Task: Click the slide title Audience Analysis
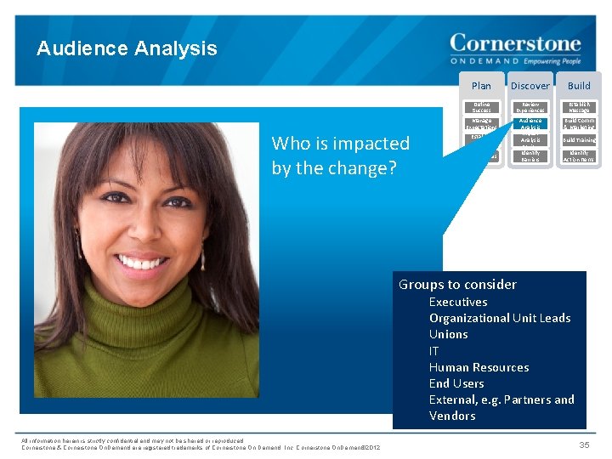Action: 127,48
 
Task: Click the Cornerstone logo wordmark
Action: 515,43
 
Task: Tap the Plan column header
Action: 481,85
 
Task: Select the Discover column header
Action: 530,85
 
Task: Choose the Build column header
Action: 579,85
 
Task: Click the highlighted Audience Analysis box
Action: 530,124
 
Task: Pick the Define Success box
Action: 481,107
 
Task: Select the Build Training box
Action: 579,140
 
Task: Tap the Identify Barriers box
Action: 530,156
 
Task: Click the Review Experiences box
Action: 530,107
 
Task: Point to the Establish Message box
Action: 579,107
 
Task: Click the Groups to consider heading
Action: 457,285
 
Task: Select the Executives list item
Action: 458,302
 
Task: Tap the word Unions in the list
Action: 448,334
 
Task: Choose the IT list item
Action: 434,350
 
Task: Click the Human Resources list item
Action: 479,367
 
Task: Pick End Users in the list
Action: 456,383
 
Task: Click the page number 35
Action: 584,445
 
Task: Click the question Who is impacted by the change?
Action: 340,156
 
